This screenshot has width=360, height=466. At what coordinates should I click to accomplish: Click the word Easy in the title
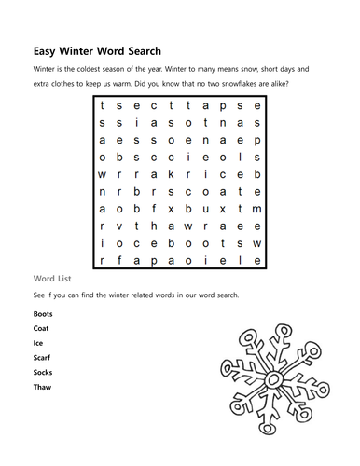coord(48,50)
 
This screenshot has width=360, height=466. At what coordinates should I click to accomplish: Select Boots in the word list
coord(43,314)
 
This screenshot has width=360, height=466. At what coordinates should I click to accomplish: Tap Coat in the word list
coord(41,328)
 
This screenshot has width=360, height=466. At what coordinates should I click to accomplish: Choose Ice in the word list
coord(37,343)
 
